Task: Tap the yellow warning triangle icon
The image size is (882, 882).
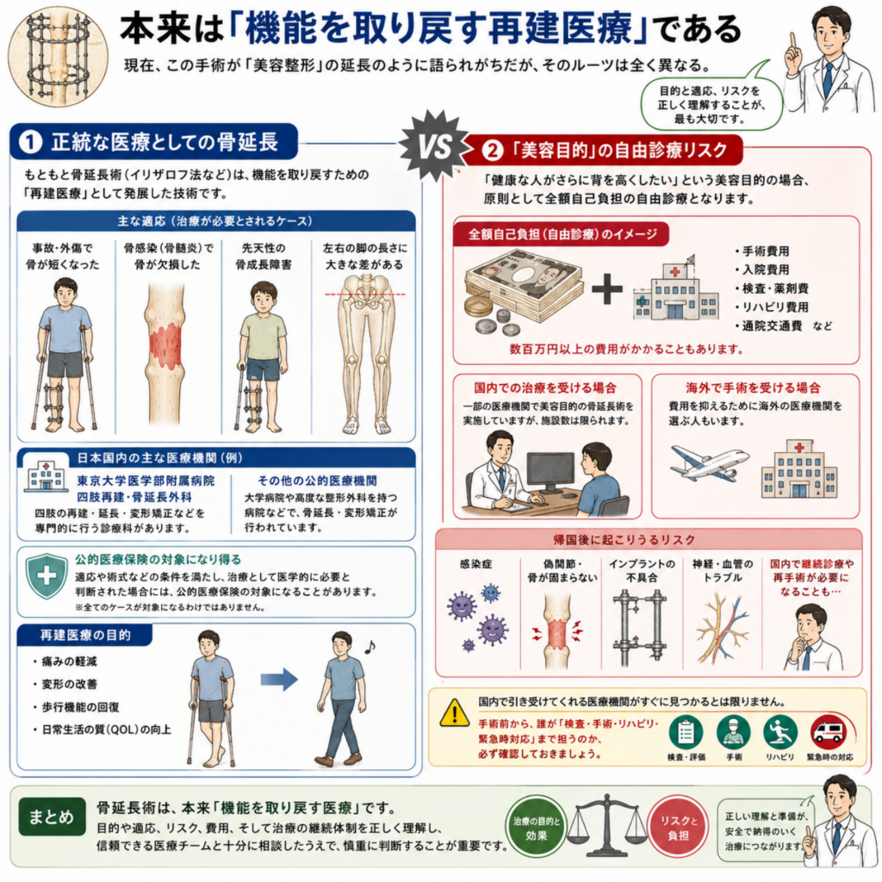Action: tap(455, 712)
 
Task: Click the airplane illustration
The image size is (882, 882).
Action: tap(710, 463)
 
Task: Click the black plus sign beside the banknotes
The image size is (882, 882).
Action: tap(607, 289)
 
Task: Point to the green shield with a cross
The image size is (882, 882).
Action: tap(47, 575)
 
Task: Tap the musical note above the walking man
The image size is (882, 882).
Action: tap(370, 647)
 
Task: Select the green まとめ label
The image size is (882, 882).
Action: tap(52, 817)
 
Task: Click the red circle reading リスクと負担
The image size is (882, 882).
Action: tap(679, 828)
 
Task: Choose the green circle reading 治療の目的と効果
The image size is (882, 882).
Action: tap(536, 828)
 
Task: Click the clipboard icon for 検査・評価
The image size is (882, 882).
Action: tap(686, 732)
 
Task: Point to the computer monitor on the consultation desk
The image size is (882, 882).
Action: tap(550, 475)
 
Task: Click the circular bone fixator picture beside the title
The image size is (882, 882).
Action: tap(58, 56)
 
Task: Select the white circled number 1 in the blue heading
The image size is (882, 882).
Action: tap(31, 141)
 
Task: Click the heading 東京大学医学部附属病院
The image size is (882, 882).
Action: tap(146, 481)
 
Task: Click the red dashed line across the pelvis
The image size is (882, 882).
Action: tap(364, 295)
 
